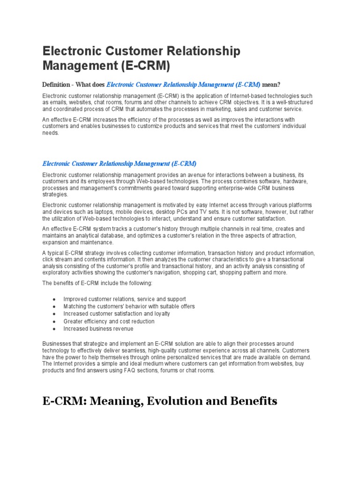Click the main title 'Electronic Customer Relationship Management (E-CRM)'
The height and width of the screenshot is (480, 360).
click(x=141, y=58)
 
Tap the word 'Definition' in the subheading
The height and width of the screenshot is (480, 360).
click(x=56, y=85)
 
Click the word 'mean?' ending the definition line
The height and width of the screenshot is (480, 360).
click(x=271, y=85)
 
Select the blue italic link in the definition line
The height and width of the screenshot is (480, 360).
click(x=183, y=85)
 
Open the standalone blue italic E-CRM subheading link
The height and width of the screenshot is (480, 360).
click(x=120, y=164)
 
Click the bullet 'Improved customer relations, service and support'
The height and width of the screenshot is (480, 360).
click(x=125, y=299)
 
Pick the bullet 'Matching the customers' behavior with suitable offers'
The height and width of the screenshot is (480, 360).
click(x=129, y=307)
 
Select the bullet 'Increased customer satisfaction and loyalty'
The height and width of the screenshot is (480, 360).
click(x=117, y=314)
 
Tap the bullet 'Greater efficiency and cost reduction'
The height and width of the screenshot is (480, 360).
click(x=109, y=322)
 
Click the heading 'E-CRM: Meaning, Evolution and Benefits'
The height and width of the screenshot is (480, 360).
click(x=160, y=401)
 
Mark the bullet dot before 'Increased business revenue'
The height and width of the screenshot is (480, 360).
click(x=54, y=329)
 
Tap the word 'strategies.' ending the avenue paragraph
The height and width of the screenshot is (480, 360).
click(x=55, y=194)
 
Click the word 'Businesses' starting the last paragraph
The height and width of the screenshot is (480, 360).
click(x=57, y=344)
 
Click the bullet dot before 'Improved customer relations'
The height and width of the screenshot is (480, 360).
click(x=54, y=299)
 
